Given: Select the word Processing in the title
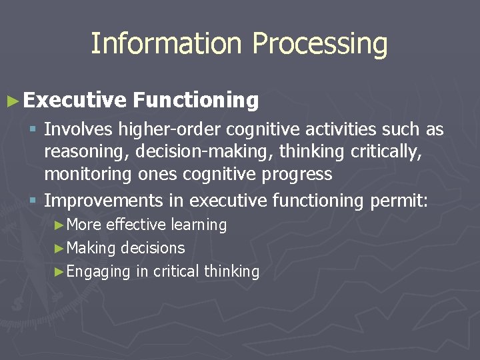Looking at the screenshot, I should (x=320, y=45).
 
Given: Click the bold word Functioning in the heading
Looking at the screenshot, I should (x=195, y=101).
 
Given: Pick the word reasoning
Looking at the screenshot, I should (x=86, y=153).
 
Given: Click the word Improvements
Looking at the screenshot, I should (x=113, y=200).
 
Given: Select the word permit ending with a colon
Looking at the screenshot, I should (x=398, y=201).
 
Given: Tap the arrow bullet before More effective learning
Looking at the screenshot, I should (x=59, y=225).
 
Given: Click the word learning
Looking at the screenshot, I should (x=199, y=225).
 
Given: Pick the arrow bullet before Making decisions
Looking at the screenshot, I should (x=59, y=248).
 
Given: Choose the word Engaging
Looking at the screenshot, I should (x=99, y=272).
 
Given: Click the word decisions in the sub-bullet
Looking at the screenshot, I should (x=153, y=248).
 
